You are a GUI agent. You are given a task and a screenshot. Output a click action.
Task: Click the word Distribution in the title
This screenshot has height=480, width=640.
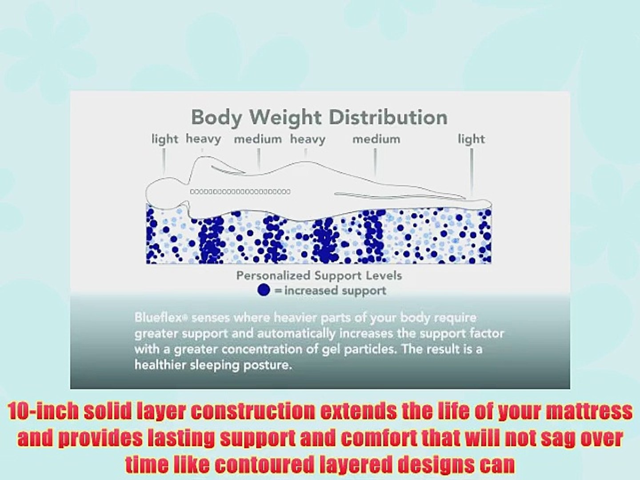[388, 117]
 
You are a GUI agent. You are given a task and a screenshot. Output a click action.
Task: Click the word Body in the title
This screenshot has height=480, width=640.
[216, 117]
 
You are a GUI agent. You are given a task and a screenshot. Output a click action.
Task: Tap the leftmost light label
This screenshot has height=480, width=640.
[164, 139]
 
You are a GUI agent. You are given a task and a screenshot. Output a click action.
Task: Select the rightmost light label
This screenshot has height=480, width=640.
[471, 139]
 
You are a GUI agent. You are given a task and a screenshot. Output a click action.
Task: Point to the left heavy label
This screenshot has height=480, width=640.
[203, 139]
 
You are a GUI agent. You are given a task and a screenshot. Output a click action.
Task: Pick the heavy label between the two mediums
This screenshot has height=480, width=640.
[308, 139]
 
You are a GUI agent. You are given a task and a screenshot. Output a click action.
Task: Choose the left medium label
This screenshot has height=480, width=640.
[258, 139]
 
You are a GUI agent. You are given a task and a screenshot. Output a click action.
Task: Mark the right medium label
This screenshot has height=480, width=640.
[376, 139]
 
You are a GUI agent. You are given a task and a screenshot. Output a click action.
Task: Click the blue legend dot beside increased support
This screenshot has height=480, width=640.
[264, 290]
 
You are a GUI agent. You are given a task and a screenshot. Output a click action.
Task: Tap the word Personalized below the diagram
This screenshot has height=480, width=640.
[273, 276]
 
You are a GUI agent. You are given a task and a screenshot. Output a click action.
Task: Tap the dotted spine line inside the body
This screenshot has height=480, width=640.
[240, 192]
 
